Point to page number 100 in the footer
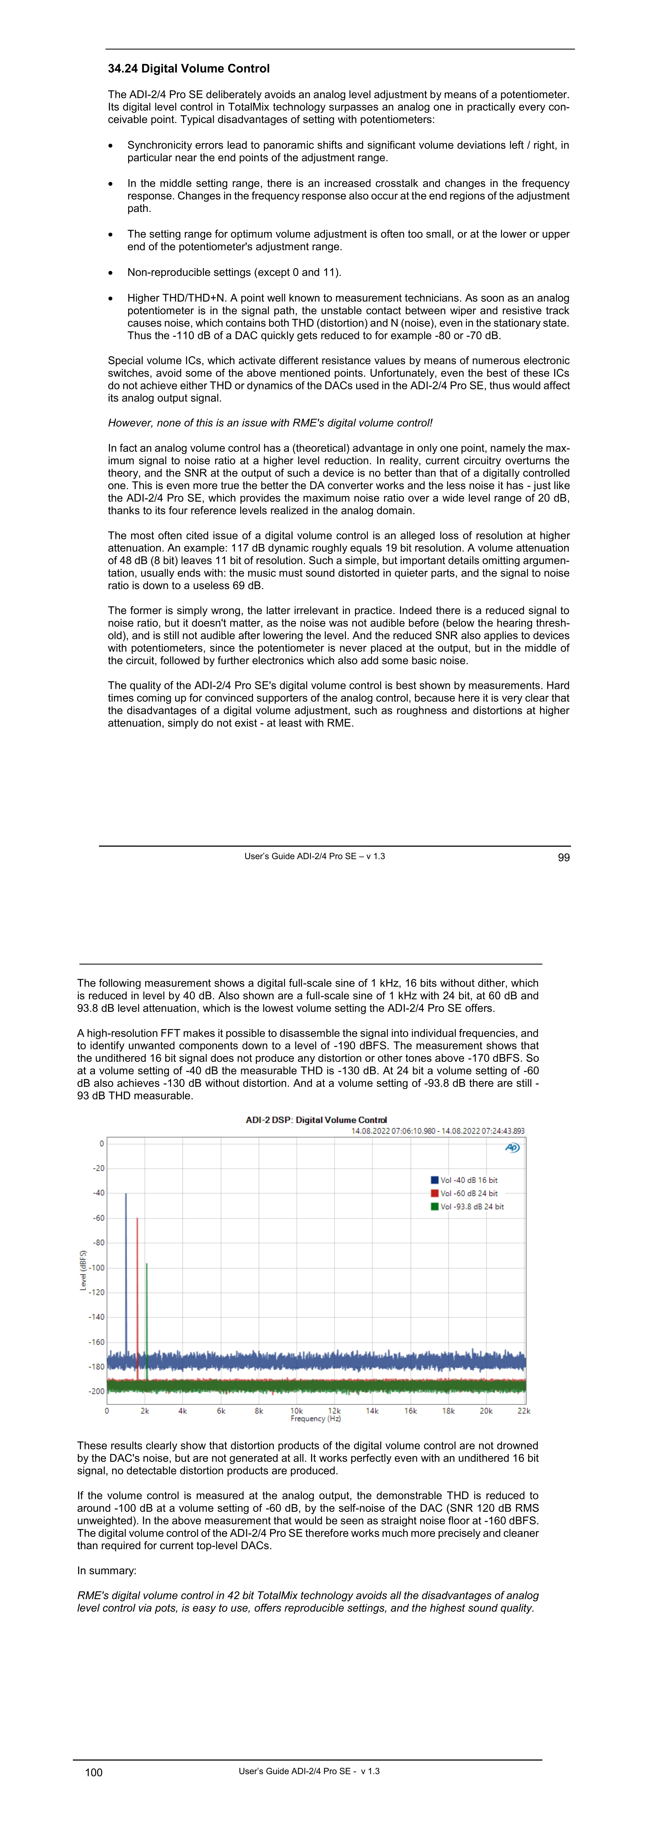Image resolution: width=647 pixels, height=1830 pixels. click(94, 1772)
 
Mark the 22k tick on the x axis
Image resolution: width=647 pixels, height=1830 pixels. click(524, 1411)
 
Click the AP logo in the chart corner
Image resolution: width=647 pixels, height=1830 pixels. click(512, 1147)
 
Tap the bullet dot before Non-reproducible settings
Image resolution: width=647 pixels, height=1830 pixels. click(111, 273)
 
